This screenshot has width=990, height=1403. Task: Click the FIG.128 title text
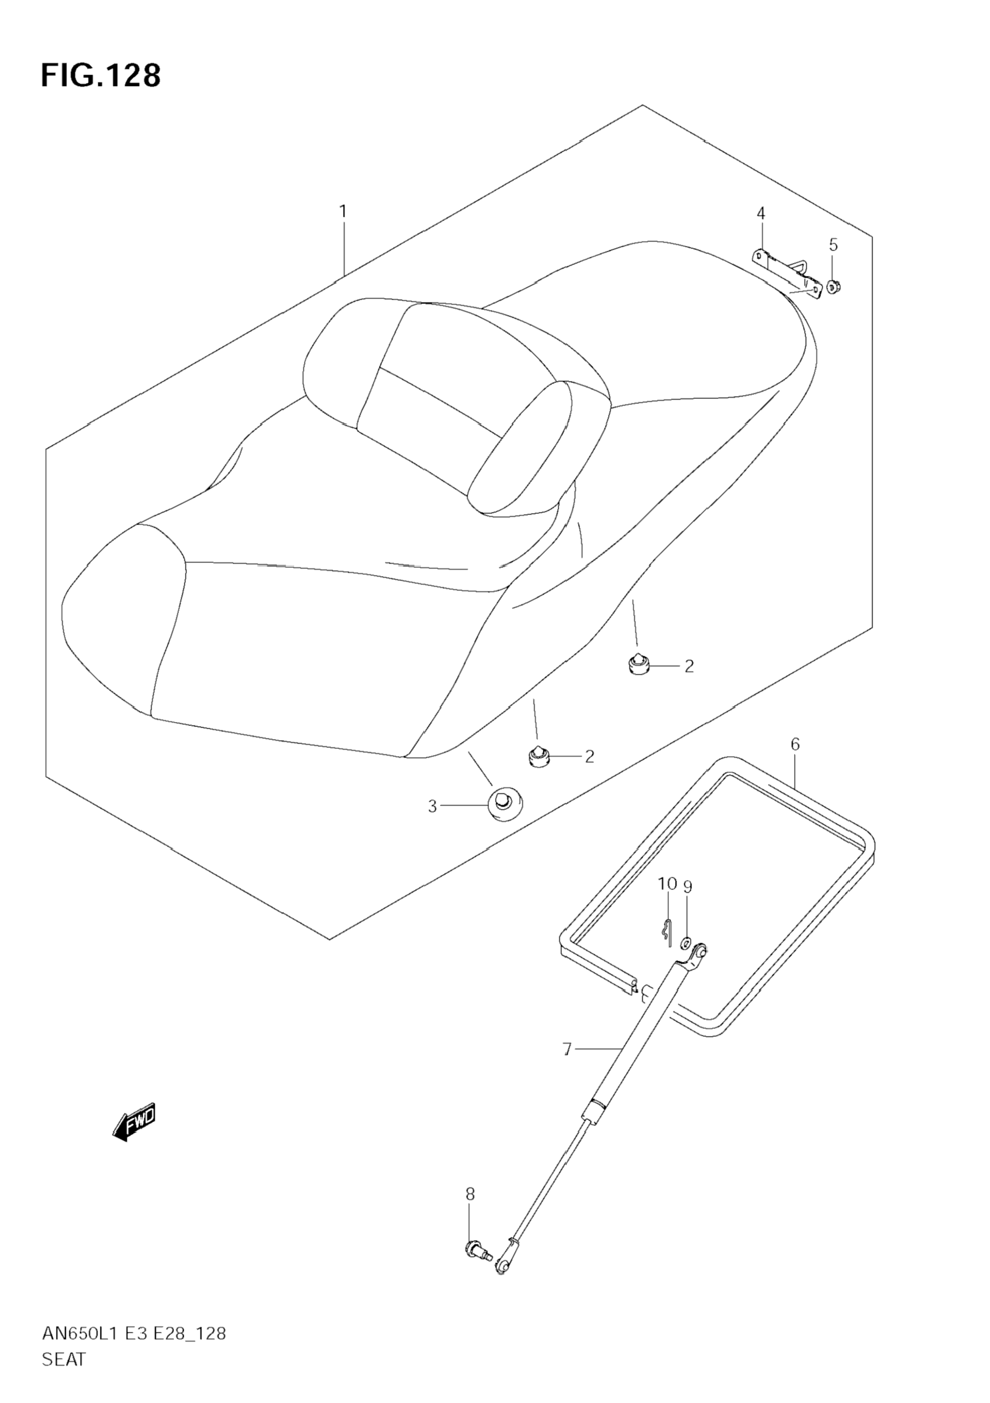click(x=101, y=76)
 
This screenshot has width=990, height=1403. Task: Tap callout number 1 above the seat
click(x=343, y=211)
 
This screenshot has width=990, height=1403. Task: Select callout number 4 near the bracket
click(x=761, y=213)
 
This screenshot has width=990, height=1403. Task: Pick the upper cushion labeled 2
click(x=637, y=663)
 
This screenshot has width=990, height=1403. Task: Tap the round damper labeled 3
click(x=505, y=805)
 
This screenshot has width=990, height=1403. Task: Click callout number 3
click(x=432, y=807)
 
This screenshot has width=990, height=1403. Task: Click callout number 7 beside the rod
click(x=567, y=1050)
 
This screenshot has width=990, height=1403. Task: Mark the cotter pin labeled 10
click(x=667, y=932)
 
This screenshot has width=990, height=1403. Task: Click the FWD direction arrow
click(x=134, y=1122)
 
